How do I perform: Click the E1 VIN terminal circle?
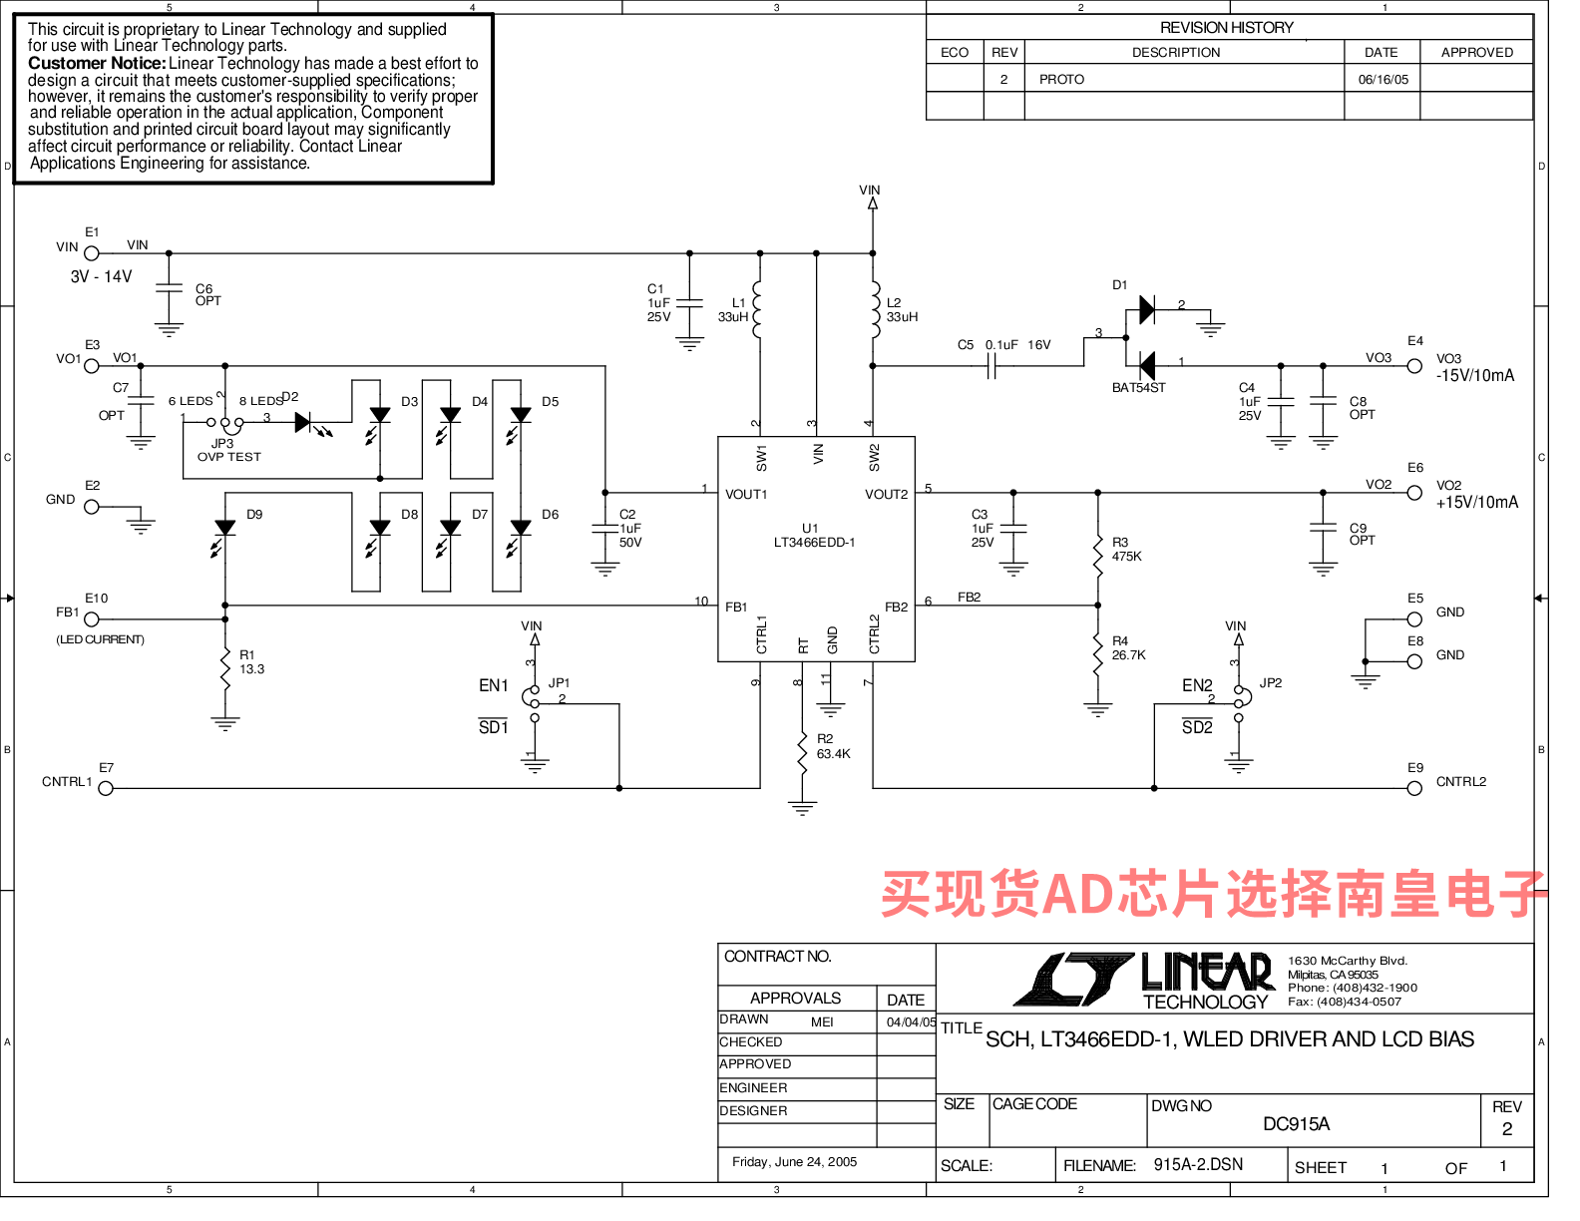92,253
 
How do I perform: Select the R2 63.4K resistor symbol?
802,753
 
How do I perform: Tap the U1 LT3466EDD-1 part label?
814,536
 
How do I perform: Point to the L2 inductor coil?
875,310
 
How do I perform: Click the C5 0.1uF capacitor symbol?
990,366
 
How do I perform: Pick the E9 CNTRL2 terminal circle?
1414,788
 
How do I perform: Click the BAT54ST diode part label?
1138,388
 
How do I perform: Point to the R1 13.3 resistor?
225,669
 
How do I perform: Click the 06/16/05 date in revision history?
1382,79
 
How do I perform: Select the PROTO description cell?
1061,79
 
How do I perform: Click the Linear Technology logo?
1144,981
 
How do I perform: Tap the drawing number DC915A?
1297,1124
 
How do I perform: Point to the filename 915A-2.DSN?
1198,1164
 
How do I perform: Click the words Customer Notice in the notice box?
97,63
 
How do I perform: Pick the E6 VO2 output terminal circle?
1414,493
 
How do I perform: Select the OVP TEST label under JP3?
229,457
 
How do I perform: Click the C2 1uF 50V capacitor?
604,529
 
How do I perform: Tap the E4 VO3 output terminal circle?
1414,366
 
